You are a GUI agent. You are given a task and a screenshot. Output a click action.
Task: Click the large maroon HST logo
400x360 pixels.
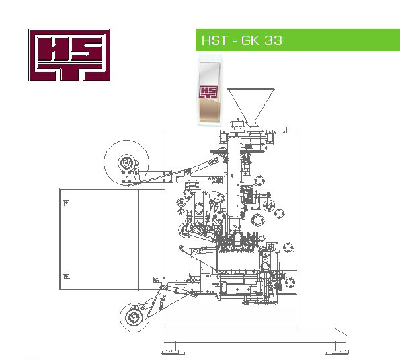pos(69,55)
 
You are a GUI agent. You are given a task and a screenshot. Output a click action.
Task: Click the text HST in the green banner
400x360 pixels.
pos(214,40)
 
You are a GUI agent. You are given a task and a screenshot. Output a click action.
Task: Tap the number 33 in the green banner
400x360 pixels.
pos(273,40)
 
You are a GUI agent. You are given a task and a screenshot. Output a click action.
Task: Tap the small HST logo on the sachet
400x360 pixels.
pos(208,92)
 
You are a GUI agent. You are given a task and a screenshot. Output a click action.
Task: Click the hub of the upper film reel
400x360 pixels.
pos(126,163)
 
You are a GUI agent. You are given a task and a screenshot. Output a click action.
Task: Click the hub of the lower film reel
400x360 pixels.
pos(133,318)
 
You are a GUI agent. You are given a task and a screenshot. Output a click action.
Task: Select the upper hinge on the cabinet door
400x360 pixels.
pos(67,203)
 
